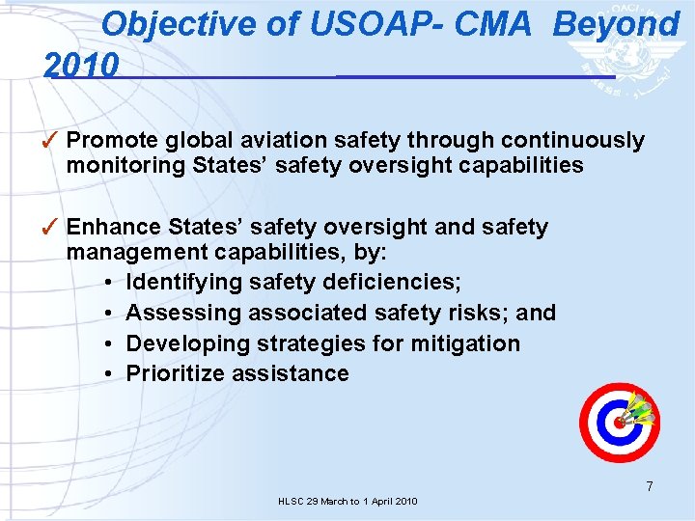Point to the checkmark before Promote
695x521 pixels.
pos(54,141)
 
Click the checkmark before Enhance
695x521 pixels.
pos(54,228)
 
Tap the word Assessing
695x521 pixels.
pos(183,313)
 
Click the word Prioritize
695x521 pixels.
pos(177,373)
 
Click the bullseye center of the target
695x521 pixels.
pos(618,423)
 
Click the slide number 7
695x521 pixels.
pos(650,486)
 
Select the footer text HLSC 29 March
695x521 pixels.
pos(319,502)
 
